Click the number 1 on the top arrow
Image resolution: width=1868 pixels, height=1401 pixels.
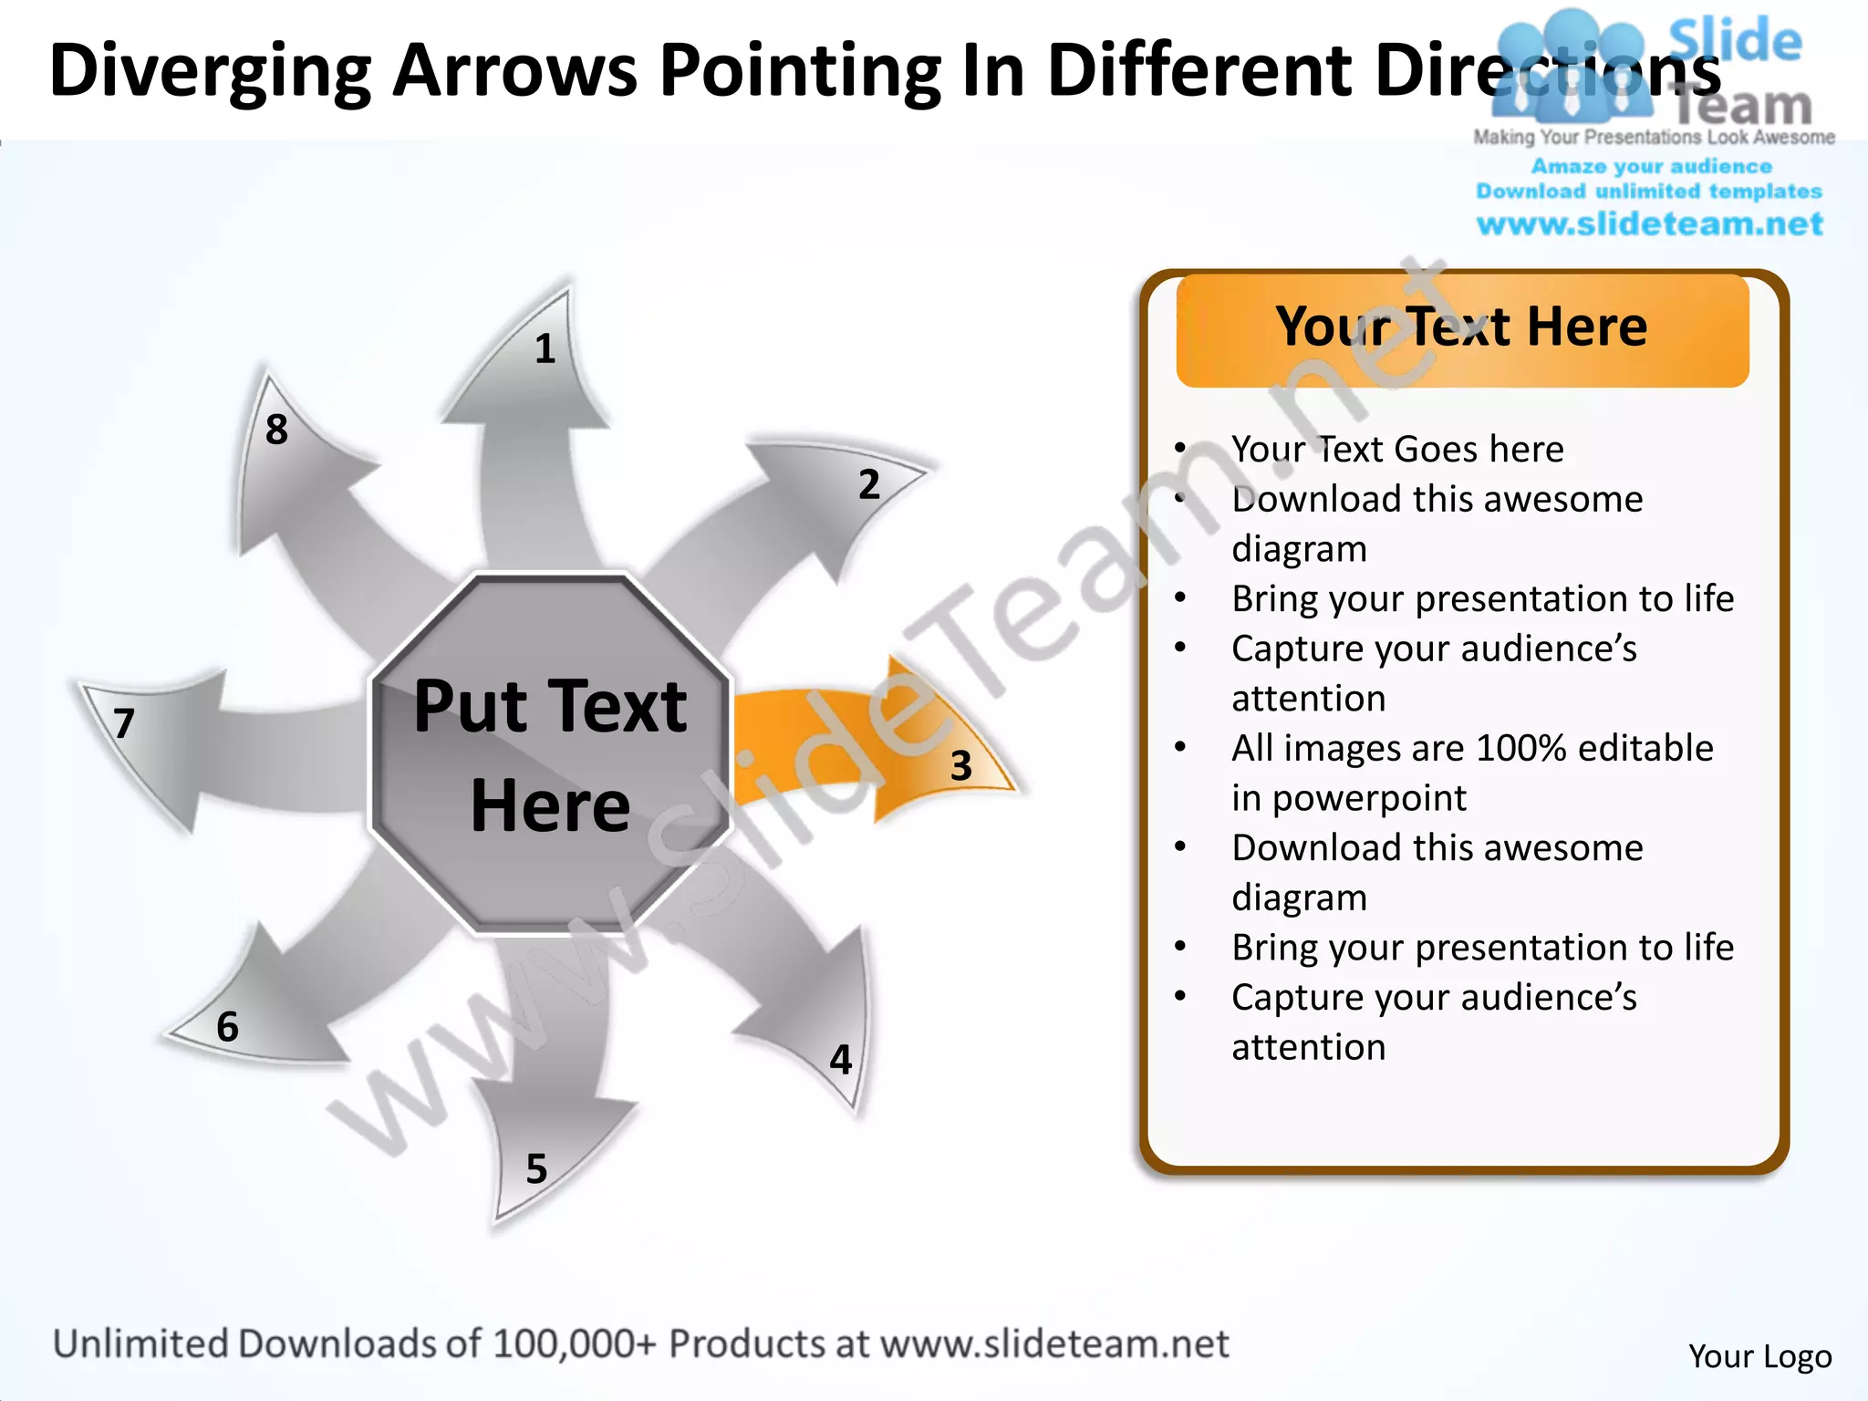pyautogui.click(x=545, y=349)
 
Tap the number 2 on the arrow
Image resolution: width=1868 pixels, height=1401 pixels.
pyautogui.click(x=869, y=484)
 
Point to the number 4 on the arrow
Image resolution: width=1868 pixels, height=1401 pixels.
pyautogui.click(x=840, y=1060)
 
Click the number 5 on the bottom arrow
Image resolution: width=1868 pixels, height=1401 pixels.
pyautogui.click(x=536, y=1169)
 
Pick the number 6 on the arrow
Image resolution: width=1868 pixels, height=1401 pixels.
pyautogui.click(x=227, y=1027)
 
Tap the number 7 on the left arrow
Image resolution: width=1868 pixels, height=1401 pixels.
pyautogui.click(x=125, y=724)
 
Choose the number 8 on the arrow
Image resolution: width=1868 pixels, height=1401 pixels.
pyautogui.click(x=276, y=430)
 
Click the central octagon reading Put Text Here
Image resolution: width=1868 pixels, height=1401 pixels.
pyautogui.click(x=550, y=755)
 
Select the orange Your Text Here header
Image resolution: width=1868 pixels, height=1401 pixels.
pyautogui.click(x=1461, y=328)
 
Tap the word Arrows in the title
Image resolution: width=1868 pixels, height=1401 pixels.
pyautogui.click(x=514, y=71)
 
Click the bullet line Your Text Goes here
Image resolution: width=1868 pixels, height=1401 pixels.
pyautogui.click(x=1396, y=450)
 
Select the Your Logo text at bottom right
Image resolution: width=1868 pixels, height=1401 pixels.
pyautogui.click(x=1759, y=1356)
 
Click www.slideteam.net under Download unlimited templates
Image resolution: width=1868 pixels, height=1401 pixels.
pyautogui.click(x=1649, y=224)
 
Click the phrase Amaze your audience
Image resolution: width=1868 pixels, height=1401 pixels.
pyautogui.click(x=1651, y=167)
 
